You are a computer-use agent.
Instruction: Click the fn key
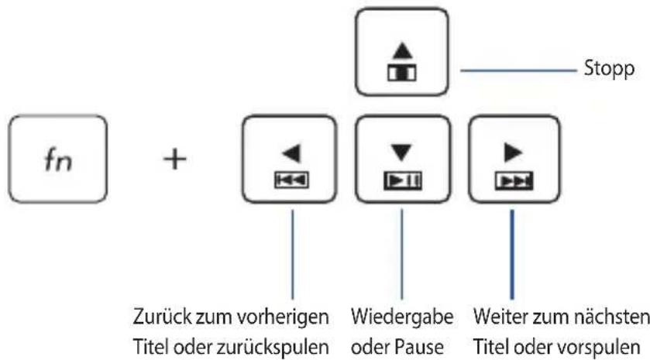(x=57, y=159)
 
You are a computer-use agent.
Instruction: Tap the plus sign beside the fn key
(x=174, y=159)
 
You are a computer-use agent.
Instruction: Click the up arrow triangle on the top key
(x=402, y=50)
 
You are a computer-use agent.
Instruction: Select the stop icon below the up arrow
(x=401, y=73)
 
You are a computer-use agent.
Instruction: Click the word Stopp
(x=609, y=69)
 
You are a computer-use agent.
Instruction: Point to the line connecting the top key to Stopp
(x=518, y=70)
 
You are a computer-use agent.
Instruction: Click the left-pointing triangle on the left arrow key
(x=291, y=153)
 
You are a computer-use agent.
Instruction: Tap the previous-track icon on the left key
(x=291, y=180)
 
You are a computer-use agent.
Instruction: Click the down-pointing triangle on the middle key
(x=401, y=153)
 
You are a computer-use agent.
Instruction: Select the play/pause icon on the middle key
(x=403, y=180)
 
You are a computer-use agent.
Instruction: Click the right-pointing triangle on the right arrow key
(x=513, y=153)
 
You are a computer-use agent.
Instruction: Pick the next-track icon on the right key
(x=514, y=181)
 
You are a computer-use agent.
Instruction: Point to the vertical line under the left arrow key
(x=293, y=254)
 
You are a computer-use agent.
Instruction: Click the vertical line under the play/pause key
(x=401, y=254)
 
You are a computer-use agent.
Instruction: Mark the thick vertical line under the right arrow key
(x=512, y=254)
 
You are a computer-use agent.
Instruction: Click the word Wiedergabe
(x=402, y=317)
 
